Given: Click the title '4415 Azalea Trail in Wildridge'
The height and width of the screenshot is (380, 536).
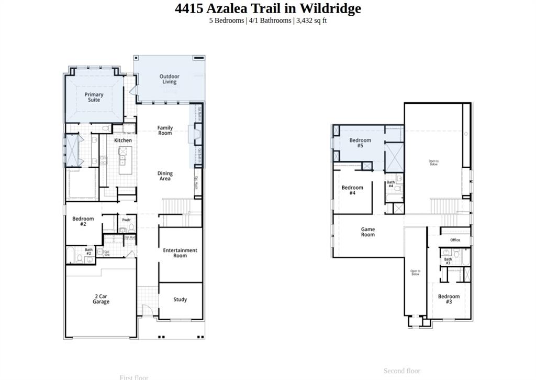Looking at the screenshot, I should [267, 8].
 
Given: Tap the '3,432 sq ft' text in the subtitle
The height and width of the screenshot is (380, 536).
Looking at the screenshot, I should [311, 20].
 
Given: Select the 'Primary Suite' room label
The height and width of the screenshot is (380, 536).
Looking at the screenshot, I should [94, 97].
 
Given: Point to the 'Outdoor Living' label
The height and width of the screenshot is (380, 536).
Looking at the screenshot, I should [169, 79].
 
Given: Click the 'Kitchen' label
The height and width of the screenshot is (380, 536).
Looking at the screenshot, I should [123, 140].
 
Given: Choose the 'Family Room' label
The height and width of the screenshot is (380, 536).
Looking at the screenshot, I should [165, 131].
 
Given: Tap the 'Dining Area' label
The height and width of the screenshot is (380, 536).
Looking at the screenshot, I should [165, 176].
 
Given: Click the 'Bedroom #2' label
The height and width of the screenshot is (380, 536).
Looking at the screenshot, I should [83, 221].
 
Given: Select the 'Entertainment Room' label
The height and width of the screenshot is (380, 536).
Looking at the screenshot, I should [180, 253].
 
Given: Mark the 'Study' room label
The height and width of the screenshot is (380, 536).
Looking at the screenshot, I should [180, 300].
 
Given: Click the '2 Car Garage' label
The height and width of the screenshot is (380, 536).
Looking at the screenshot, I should [101, 299].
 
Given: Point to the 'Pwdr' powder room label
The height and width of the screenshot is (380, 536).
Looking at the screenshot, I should [126, 220].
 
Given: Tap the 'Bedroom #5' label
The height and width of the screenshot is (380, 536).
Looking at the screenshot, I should [360, 143].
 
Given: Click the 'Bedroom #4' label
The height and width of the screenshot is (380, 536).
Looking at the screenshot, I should [352, 190].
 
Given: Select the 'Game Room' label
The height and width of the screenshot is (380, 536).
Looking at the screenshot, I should [368, 232].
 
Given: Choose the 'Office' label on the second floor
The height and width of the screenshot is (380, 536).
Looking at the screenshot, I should [455, 240].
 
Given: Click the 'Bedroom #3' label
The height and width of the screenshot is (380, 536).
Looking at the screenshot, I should [449, 299].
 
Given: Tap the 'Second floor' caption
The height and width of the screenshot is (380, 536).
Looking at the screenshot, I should [401, 371].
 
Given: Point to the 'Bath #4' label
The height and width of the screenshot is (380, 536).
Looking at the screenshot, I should [390, 184].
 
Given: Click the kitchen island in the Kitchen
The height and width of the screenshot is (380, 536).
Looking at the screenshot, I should [125, 161].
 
